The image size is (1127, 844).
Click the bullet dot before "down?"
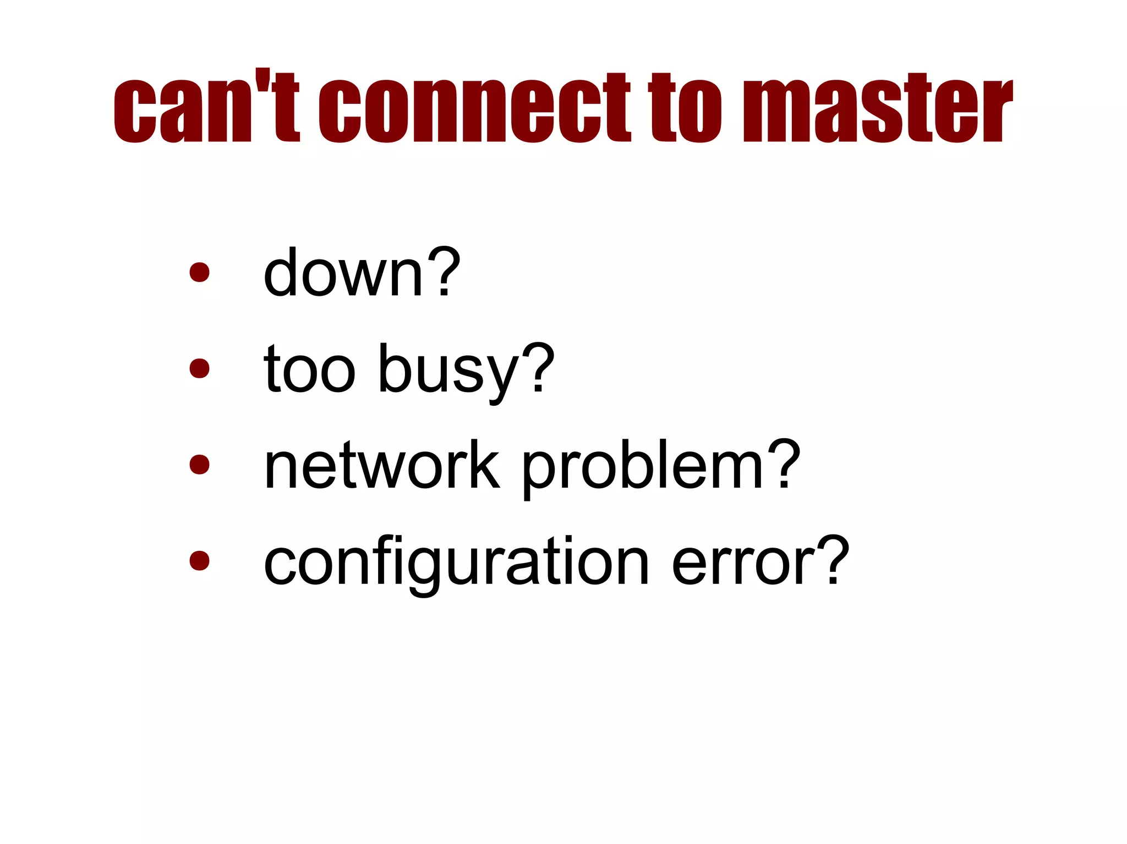[x=199, y=272]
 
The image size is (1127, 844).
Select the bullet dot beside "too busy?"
[x=199, y=368]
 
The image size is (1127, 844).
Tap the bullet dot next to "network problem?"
[x=199, y=465]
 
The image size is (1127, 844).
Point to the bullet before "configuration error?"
[x=199, y=561]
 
